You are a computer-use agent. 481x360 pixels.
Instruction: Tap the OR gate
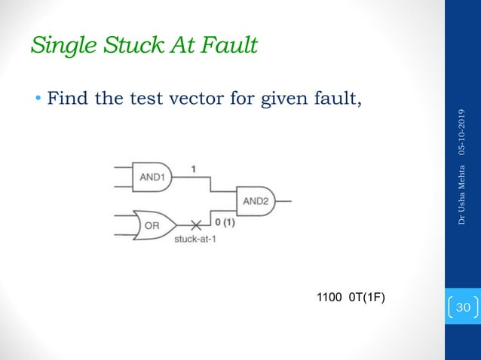coord(153,224)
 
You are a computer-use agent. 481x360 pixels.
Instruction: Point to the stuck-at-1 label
coord(195,239)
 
